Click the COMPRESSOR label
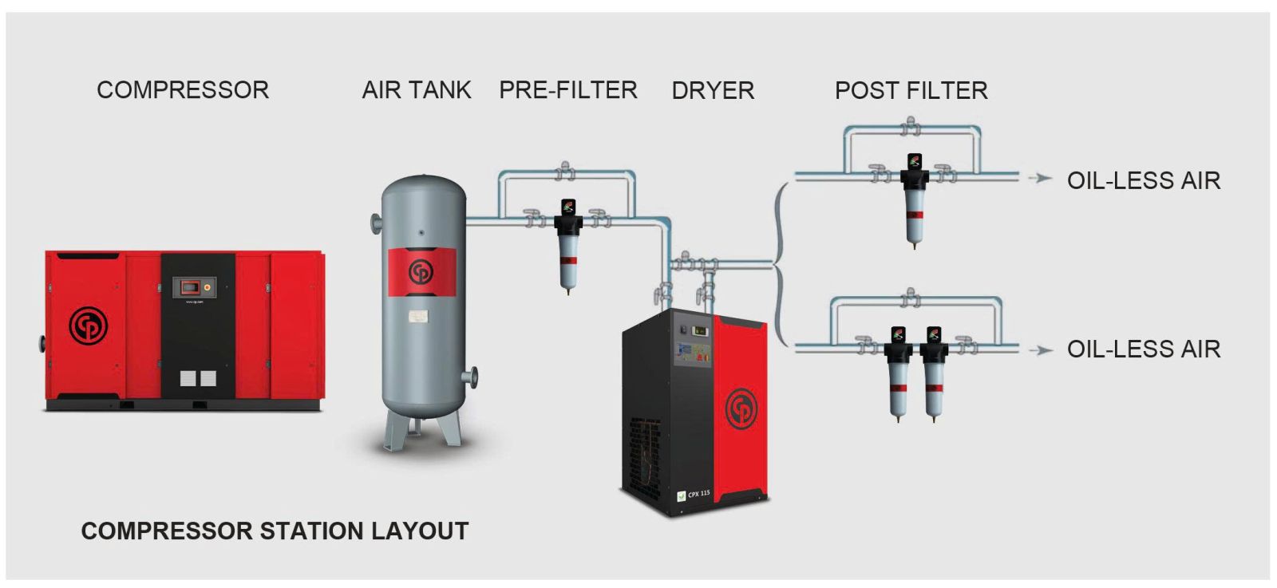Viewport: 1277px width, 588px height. [183, 90]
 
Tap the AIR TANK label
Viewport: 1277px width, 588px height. [416, 90]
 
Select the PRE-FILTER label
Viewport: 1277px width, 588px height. [567, 90]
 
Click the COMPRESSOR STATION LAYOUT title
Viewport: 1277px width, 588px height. [275, 531]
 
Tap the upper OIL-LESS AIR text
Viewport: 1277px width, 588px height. [1143, 181]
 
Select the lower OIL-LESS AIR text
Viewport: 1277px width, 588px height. [1143, 349]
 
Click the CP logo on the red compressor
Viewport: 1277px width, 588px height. [88, 326]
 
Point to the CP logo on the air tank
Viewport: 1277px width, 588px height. [421, 271]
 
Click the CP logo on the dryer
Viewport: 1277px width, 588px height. [741, 408]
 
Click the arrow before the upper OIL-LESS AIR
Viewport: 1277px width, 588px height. [1039, 178]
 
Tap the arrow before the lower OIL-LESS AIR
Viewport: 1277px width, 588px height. [1039, 349]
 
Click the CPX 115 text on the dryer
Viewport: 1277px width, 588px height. [698, 494]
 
